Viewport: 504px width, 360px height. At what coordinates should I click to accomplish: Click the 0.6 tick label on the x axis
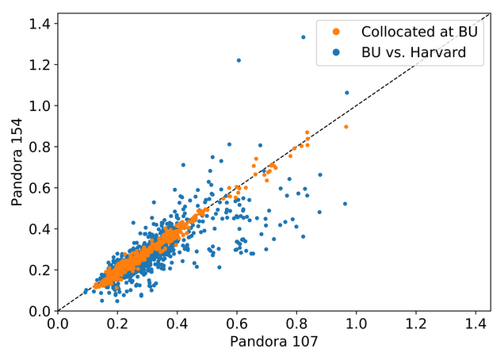[x=236, y=324]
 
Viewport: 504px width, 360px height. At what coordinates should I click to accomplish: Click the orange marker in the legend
[x=336, y=32]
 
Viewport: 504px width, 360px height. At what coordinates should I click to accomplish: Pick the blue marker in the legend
[x=336, y=53]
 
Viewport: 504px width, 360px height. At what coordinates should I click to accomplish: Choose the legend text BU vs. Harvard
[x=408, y=53]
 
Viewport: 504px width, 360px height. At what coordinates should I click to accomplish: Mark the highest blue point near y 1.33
[x=303, y=36]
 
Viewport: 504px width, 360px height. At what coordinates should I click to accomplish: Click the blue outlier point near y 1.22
[x=239, y=60]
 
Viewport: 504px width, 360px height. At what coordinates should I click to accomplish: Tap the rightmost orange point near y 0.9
[x=346, y=126]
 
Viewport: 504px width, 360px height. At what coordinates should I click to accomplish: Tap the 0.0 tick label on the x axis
[x=57, y=324]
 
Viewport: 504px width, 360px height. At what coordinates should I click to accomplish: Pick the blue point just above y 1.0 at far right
[x=346, y=92]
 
